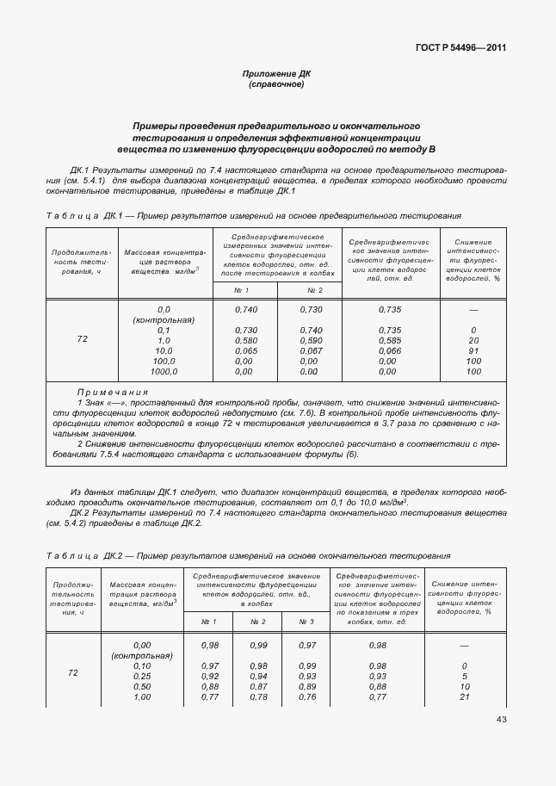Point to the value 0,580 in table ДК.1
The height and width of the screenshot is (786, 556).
(x=246, y=340)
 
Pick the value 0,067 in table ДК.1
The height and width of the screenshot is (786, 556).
(x=311, y=350)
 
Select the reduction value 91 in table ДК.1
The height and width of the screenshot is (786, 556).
(x=473, y=350)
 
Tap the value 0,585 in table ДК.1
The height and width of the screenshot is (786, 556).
(x=391, y=340)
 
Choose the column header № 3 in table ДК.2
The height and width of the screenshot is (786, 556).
(x=306, y=621)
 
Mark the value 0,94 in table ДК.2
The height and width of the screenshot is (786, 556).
(x=258, y=676)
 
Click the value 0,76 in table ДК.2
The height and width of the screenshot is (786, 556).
(x=306, y=696)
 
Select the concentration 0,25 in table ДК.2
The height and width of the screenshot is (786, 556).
(x=142, y=676)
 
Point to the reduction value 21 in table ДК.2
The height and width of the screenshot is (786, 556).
(x=464, y=696)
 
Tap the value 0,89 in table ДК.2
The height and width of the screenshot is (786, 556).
(x=306, y=686)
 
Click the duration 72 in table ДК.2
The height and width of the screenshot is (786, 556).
(x=73, y=672)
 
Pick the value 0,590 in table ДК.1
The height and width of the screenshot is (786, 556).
(x=311, y=340)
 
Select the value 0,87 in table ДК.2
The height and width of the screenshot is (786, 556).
(x=258, y=686)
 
